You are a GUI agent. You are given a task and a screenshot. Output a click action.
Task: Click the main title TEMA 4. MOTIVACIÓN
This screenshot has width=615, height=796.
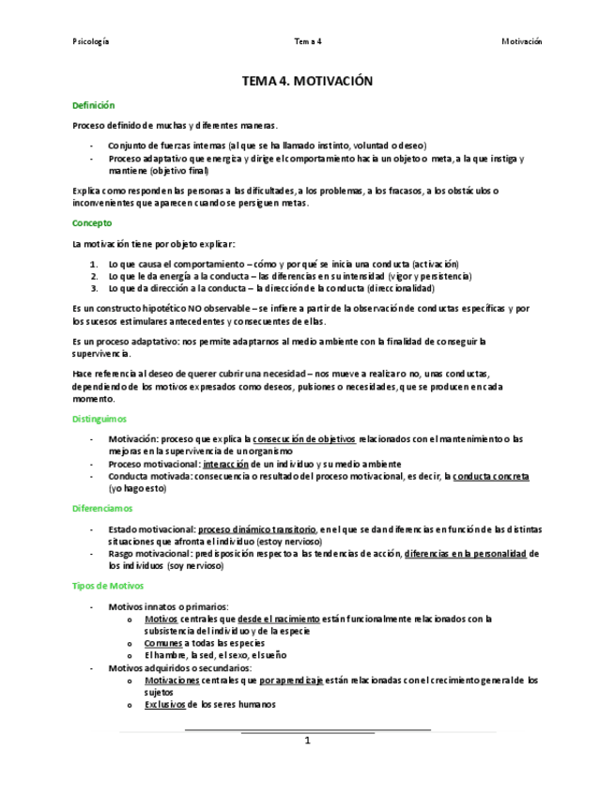pyautogui.click(x=307, y=82)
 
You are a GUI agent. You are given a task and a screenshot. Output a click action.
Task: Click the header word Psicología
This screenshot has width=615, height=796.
pyautogui.click(x=91, y=41)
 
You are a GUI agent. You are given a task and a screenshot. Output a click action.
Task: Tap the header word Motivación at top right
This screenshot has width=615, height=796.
pyautogui.click(x=521, y=41)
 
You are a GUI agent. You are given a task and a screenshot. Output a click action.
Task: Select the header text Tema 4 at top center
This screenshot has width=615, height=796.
pyautogui.click(x=307, y=41)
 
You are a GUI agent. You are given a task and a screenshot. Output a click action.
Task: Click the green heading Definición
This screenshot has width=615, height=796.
pyautogui.click(x=93, y=105)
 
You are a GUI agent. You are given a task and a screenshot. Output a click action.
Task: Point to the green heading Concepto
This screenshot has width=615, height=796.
pyautogui.click(x=92, y=223)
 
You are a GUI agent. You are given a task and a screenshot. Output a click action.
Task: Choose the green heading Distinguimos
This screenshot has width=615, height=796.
pyautogui.click(x=100, y=419)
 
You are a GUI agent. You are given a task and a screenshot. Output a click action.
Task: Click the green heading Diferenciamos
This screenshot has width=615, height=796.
pyautogui.click(x=102, y=508)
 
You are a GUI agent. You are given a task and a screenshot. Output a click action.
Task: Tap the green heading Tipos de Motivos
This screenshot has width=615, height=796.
pyautogui.click(x=108, y=585)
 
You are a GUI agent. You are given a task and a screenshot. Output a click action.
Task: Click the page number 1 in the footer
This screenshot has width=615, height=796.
pyautogui.click(x=307, y=740)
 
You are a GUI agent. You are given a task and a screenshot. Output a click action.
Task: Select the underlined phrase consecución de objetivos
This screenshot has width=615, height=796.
pyautogui.click(x=304, y=438)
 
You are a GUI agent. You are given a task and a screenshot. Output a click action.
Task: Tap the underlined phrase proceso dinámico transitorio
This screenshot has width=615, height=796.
pyautogui.click(x=256, y=529)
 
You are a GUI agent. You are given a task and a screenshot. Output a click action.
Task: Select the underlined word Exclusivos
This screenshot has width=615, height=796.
pyautogui.click(x=164, y=704)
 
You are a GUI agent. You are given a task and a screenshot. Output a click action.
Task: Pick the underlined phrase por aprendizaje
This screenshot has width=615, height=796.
pyautogui.click(x=291, y=680)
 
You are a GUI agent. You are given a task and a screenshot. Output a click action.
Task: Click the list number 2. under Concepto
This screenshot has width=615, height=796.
pyautogui.click(x=95, y=276)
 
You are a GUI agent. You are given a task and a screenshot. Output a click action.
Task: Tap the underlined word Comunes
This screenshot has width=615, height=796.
pyautogui.click(x=163, y=643)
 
